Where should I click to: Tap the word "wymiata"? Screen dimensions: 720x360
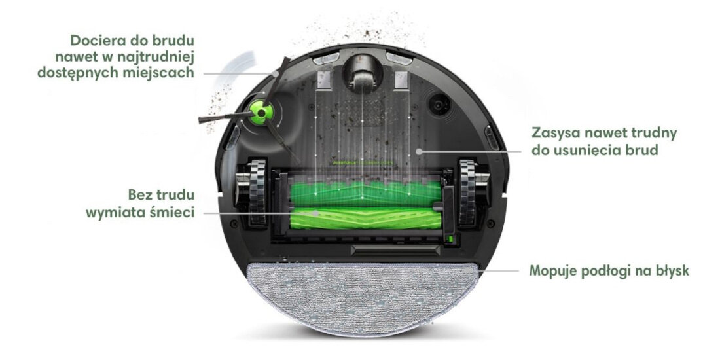(118, 213)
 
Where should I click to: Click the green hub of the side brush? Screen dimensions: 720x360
(261, 113)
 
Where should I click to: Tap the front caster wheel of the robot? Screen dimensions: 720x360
(363, 76)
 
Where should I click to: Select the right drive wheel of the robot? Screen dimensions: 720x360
(469, 192)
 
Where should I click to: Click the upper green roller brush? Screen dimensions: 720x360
(365, 193)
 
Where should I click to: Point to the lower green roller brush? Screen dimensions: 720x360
(365, 218)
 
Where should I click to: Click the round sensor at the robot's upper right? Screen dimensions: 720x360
(439, 105)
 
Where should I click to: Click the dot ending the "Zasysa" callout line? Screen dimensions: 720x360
(418, 151)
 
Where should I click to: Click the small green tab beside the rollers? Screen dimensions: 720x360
(450, 239)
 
